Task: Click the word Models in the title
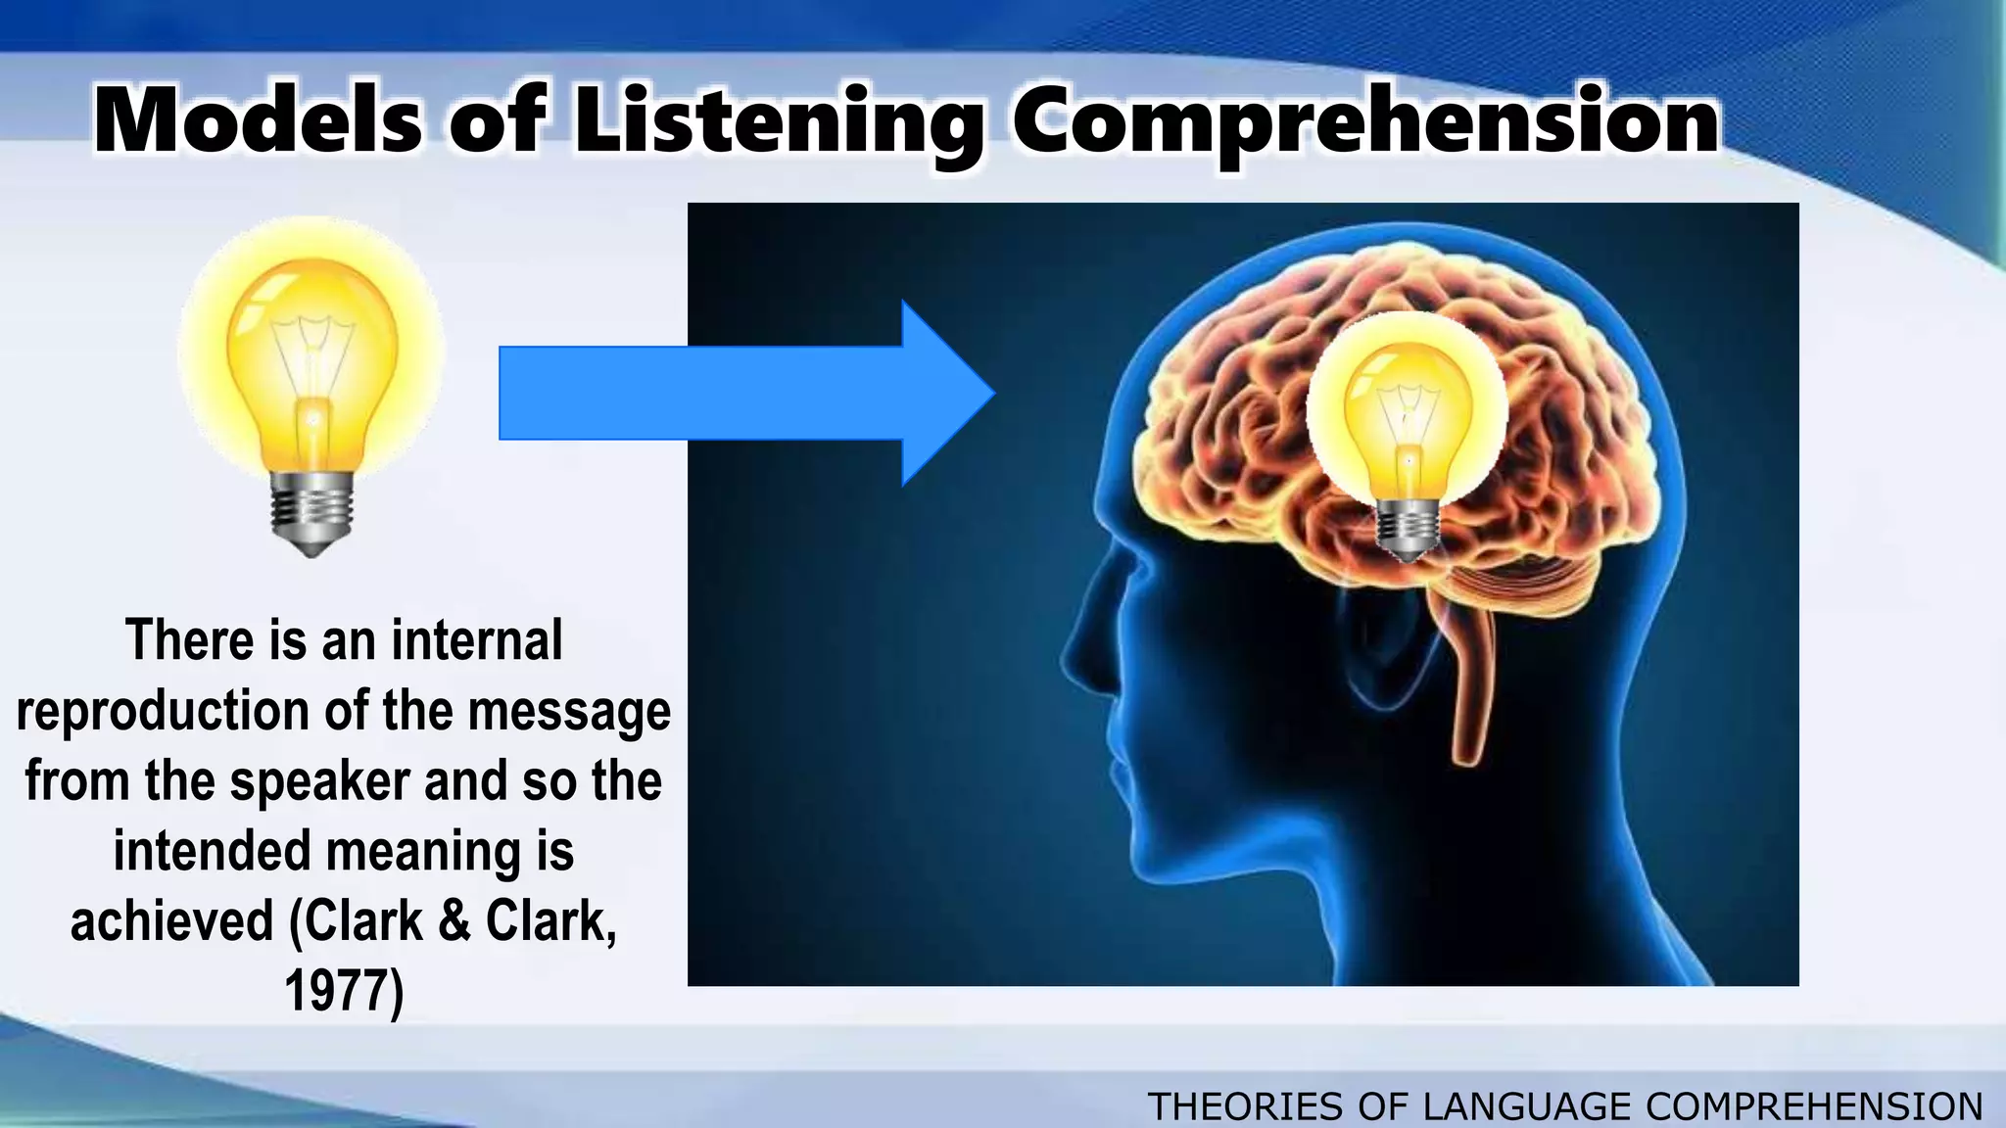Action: (x=258, y=121)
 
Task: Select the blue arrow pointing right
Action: (x=744, y=393)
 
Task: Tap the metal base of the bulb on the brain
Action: (x=1408, y=529)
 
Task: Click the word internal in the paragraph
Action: (x=477, y=640)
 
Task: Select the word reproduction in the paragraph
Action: (x=163, y=711)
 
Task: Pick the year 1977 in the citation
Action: (x=343, y=991)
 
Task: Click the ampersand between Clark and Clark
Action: (x=454, y=921)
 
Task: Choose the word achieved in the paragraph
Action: (x=172, y=921)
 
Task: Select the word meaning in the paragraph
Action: (x=423, y=852)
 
